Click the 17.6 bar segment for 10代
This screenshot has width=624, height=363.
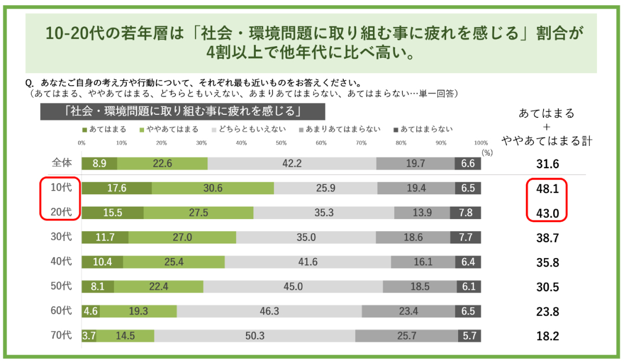(x=116, y=188)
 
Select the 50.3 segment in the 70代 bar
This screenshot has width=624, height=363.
(x=255, y=336)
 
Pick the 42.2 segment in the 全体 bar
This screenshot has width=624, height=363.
(x=292, y=164)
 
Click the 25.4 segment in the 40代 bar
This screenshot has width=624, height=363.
(x=174, y=262)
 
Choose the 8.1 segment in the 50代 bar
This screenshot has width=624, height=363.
(x=98, y=287)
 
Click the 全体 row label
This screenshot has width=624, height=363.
(x=61, y=164)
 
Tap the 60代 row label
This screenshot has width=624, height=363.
(x=61, y=312)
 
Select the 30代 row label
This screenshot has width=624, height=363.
(x=61, y=237)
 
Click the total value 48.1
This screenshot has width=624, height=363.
(x=548, y=189)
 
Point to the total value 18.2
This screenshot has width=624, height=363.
(x=548, y=337)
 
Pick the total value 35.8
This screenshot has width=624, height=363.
(x=548, y=263)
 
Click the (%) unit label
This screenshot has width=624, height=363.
(x=487, y=152)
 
